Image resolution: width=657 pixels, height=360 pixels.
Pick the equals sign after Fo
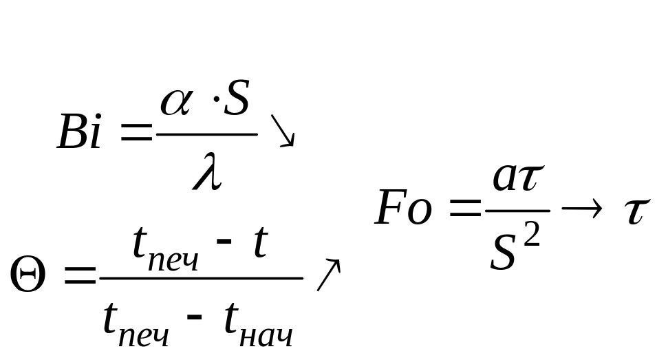[x=466, y=211]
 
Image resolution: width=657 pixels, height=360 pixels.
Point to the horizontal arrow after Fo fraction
[x=581, y=211]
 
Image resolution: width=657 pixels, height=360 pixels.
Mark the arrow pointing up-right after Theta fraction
[x=328, y=274]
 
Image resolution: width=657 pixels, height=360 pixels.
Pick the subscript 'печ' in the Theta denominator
[x=145, y=337]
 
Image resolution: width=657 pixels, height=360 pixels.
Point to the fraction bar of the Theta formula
[x=201, y=278]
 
